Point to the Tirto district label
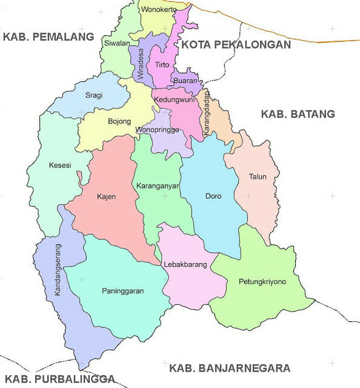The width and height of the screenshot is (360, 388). click(162, 64)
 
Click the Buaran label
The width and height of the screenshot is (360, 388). click(184, 80)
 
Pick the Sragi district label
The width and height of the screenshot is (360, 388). click(93, 96)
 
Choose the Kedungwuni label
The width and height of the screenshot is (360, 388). click(173, 99)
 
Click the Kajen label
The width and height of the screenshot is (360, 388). click(106, 196)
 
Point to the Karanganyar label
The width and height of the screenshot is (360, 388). click(158, 186)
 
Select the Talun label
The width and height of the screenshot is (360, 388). click(257, 177)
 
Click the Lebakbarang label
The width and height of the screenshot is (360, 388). click(185, 264)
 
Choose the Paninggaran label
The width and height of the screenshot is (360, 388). click(123, 291)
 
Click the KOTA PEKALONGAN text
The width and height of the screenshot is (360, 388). click(236, 44)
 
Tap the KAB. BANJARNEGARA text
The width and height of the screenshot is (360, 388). click(230, 368)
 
